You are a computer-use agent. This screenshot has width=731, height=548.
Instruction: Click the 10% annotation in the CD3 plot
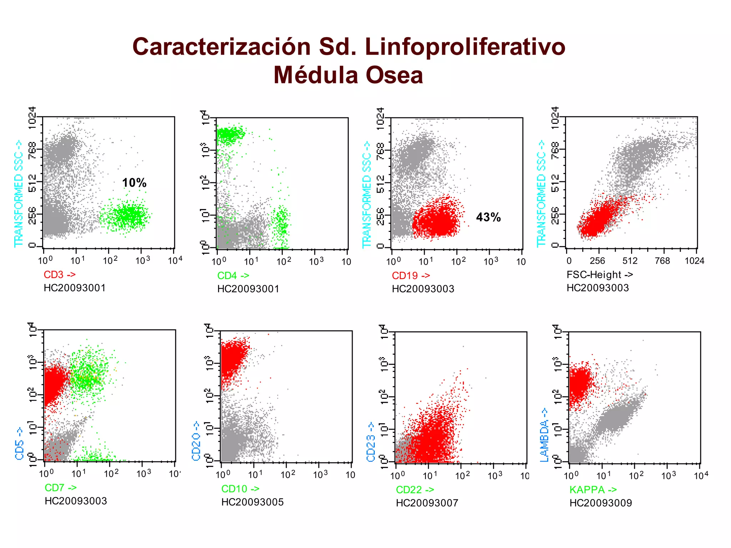pos(134,183)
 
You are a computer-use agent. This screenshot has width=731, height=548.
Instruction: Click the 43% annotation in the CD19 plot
pos(488,217)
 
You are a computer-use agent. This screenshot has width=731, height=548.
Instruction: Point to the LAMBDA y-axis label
pos(544,435)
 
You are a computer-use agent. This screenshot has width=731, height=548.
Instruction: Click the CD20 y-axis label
pos(196,441)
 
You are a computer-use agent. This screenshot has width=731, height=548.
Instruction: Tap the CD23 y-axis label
pos(371,442)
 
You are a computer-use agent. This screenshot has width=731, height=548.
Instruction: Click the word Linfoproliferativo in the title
pos(465,47)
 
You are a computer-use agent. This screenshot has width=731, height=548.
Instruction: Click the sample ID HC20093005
pos(252,502)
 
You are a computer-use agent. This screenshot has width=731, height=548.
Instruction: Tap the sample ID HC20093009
pos(601,503)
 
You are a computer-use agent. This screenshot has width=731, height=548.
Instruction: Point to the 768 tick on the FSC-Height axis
pos(662,261)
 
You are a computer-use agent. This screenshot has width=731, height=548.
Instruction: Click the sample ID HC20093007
pos(427,503)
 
